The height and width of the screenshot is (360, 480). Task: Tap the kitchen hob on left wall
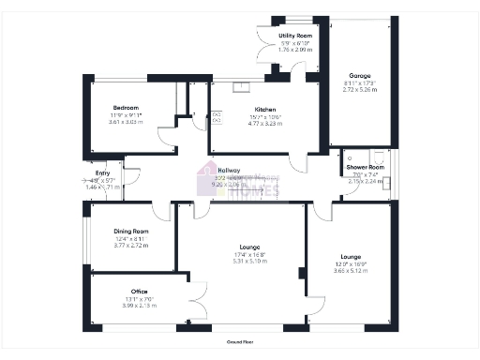pyautogui.click(x=217, y=119)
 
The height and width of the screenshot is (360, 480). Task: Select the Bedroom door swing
pyautogui.click(x=167, y=135)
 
